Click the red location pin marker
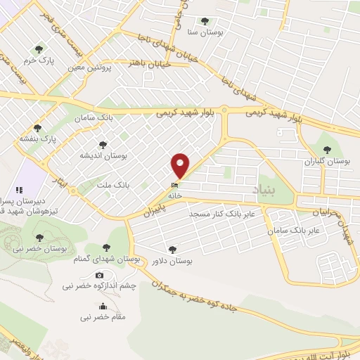(181, 166)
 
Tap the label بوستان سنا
(205, 32)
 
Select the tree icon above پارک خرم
(39, 49)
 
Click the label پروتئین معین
(87, 68)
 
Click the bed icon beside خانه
(174, 185)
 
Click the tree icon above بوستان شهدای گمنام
(106, 247)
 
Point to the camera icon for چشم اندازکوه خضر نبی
(99, 275)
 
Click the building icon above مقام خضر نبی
(103, 306)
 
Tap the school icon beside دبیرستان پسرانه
(20, 190)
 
